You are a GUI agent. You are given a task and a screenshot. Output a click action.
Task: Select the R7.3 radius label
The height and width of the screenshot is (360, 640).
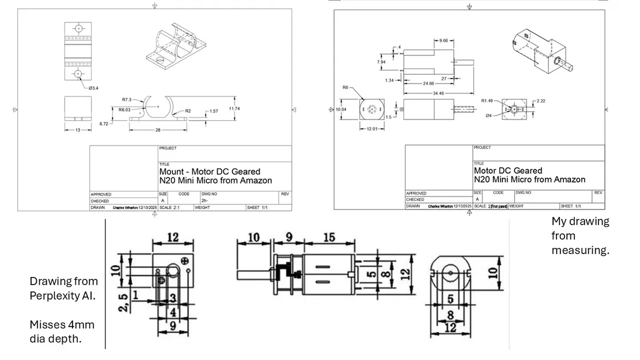[127, 100]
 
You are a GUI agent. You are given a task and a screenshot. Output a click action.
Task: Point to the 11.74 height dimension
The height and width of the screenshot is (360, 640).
[234, 109]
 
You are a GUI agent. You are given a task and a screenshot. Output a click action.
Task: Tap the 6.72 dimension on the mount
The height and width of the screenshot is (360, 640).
[104, 123]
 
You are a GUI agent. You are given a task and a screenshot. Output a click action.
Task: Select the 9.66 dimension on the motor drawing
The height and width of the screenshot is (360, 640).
[443, 41]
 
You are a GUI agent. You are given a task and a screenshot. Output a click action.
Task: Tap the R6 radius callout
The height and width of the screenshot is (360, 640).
[346, 88]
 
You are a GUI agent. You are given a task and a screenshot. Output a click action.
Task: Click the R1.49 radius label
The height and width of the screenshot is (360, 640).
[487, 100]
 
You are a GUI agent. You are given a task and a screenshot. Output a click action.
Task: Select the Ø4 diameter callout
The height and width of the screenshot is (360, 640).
[488, 115]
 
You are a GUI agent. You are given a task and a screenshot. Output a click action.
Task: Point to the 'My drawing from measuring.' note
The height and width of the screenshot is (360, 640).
[580, 236]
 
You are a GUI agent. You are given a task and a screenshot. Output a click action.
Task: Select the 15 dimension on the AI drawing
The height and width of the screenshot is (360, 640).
[329, 237]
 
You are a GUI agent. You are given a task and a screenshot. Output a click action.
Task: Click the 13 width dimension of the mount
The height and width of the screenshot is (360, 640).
[78, 130]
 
